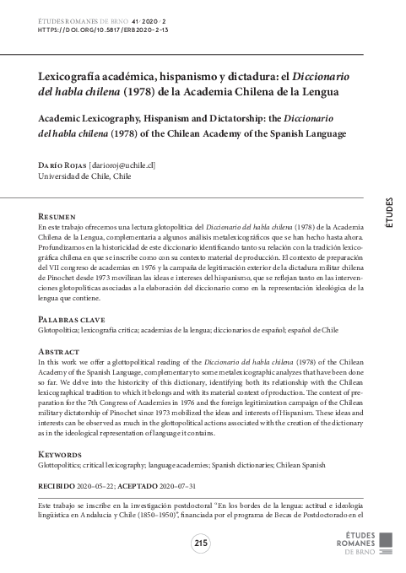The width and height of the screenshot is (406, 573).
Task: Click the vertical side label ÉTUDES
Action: (389, 213)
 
